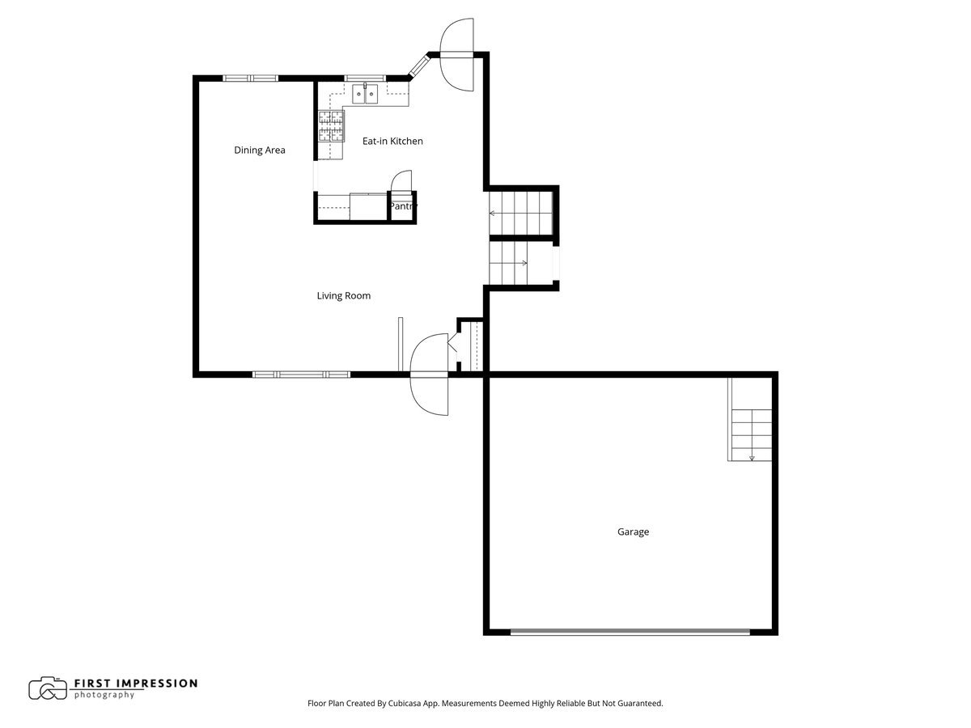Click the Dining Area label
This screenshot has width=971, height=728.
coord(259,150)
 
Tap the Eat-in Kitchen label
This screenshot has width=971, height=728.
coord(392,142)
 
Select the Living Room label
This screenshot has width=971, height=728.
coord(343,296)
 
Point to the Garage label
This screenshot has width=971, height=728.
coord(633,532)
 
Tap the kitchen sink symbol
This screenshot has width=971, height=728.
coord(365,94)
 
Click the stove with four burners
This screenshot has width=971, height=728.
coord(330,125)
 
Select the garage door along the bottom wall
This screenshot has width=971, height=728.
coord(631,631)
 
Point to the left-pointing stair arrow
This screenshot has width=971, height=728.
coord(492,214)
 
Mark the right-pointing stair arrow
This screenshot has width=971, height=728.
coord(524,263)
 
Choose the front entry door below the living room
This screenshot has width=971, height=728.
coord(429,375)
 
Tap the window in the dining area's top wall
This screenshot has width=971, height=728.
coord(250,78)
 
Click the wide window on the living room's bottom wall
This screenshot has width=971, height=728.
coord(301,375)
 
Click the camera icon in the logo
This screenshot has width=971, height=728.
coord(48,688)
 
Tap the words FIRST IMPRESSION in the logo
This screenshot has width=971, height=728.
coord(136,683)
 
